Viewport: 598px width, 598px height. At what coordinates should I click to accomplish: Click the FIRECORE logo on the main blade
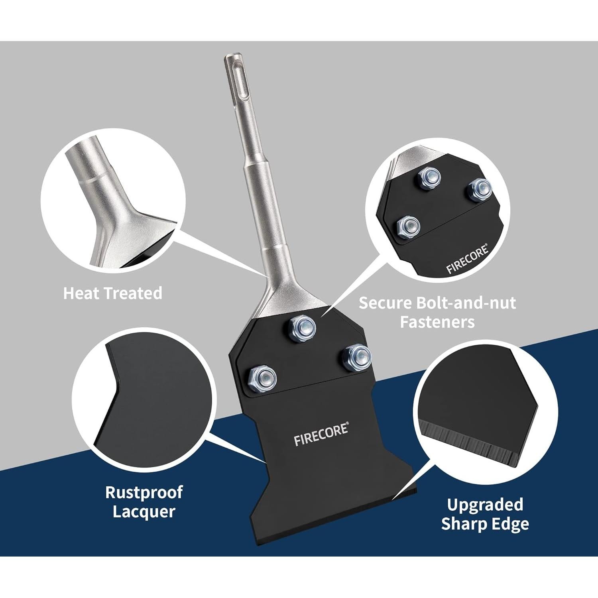point(321,435)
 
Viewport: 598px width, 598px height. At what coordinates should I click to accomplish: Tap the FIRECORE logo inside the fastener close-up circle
point(467,260)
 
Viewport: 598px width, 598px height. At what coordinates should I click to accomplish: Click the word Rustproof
point(144,492)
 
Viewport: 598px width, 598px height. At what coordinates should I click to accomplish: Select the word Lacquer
point(144,511)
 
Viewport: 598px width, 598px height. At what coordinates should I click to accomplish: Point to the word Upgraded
point(485,505)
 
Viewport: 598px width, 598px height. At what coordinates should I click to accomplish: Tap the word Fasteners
point(437,322)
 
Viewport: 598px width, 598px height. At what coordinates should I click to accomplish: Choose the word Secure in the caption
point(385,303)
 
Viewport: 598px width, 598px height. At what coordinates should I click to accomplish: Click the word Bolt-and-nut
point(466,303)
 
